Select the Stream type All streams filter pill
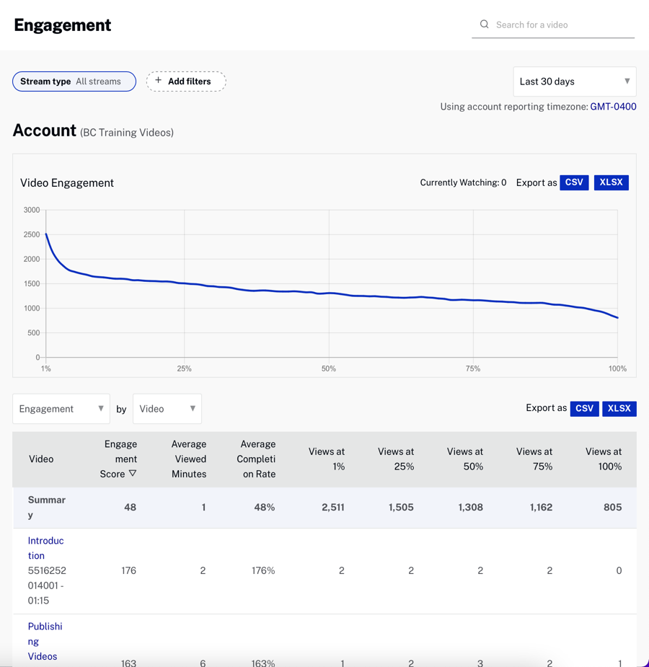click(74, 81)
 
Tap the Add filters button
click(186, 81)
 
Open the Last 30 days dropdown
click(574, 81)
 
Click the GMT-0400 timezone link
click(613, 107)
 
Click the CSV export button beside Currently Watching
click(574, 182)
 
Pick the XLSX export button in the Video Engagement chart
click(611, 182)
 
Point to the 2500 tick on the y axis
click(32, 235)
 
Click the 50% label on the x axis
click(329, 368)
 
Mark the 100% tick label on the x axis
click(617, 368)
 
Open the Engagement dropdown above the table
click(61, 409)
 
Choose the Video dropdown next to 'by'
click(167, 409)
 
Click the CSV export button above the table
click(584, 409)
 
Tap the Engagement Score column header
click(120, 459)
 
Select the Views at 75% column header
click(534, 459)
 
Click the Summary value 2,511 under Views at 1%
click(332, 508)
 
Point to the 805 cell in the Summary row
click(612, 508)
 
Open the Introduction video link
click(45, 548)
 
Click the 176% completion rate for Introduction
click(264, 570)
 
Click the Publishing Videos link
click(45, 641)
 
